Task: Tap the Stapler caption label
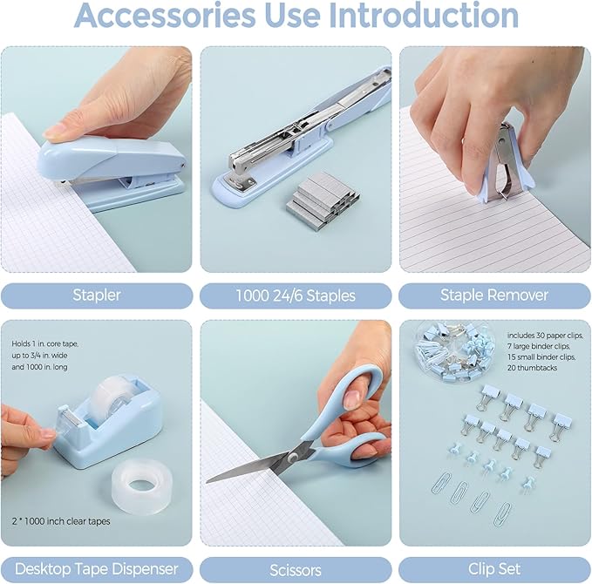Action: [96, 295]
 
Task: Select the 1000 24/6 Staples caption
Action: [296, 295]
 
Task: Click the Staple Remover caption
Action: [494, 295]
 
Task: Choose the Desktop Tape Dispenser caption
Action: [96, 569]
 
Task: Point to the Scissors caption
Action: [296, 569]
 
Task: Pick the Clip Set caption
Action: [494, 569]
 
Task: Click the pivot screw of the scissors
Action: [296, 452]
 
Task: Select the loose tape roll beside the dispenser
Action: [142, 481]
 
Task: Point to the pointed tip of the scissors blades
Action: [210, 479]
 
